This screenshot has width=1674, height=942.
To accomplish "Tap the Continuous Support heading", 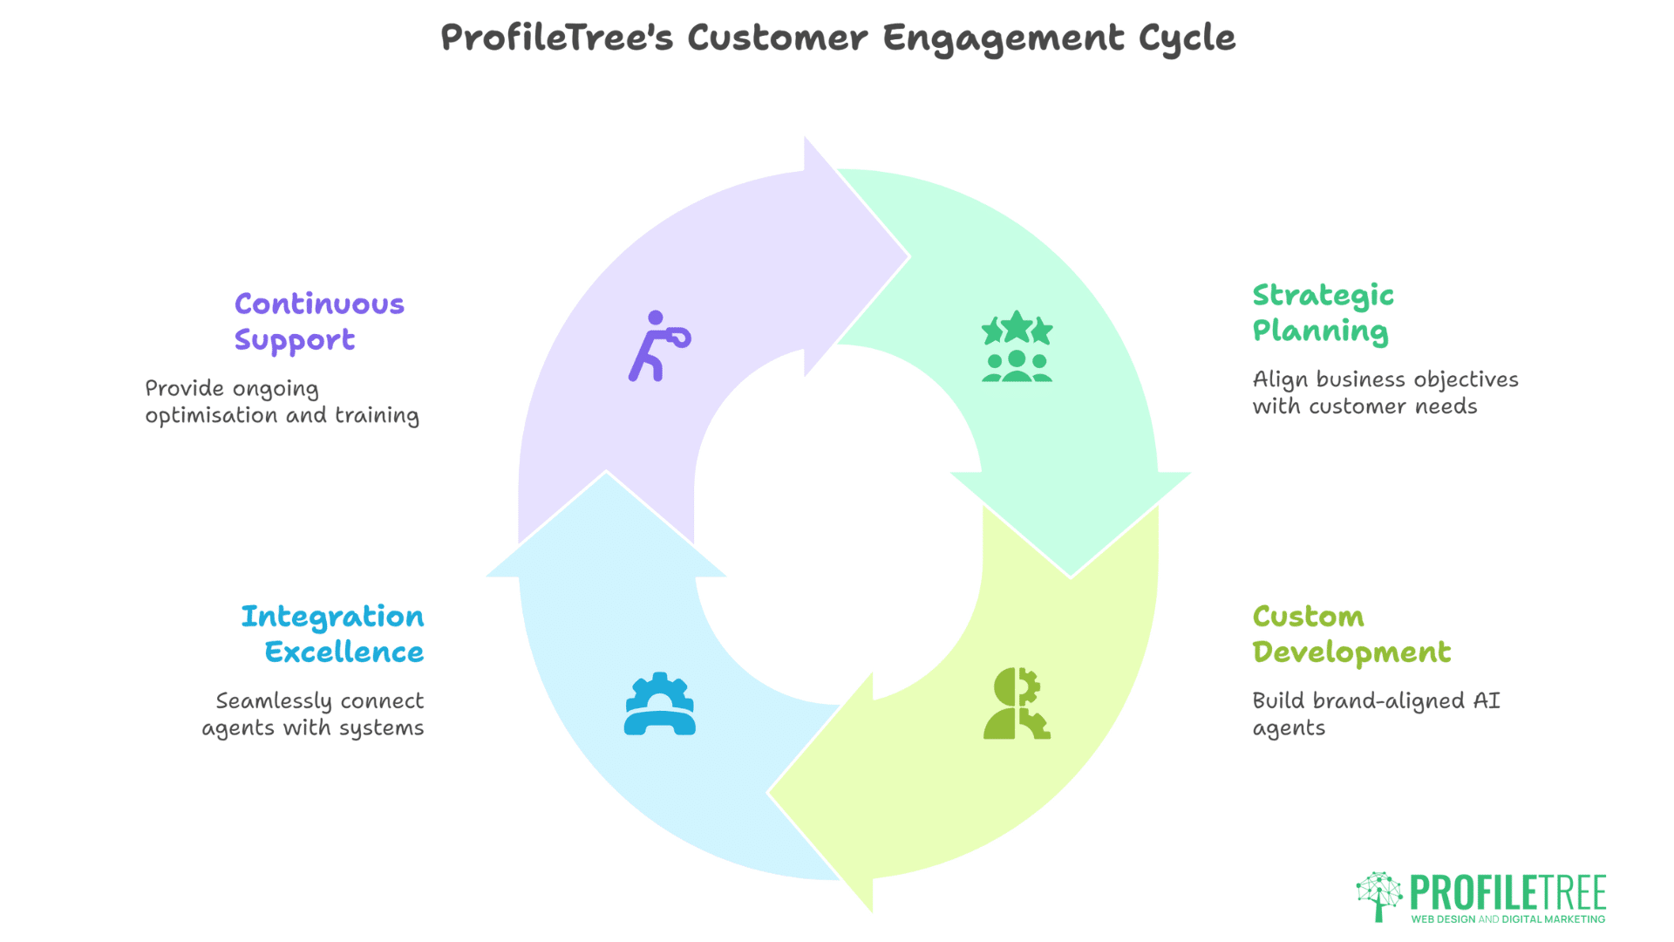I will [319, 322].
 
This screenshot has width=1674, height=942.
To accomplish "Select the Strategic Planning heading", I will [1323, 313].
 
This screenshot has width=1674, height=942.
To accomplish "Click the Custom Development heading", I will [1351, 634].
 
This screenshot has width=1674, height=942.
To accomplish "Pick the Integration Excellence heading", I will [333, 634].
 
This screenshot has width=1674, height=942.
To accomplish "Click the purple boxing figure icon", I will [659, 346].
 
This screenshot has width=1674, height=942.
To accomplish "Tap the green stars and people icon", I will [1017, 346].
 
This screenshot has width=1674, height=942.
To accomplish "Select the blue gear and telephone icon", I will [659, 704].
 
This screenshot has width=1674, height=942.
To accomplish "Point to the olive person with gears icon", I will [1017, 704].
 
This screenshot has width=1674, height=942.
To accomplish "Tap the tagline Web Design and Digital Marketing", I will [1507, 919].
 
